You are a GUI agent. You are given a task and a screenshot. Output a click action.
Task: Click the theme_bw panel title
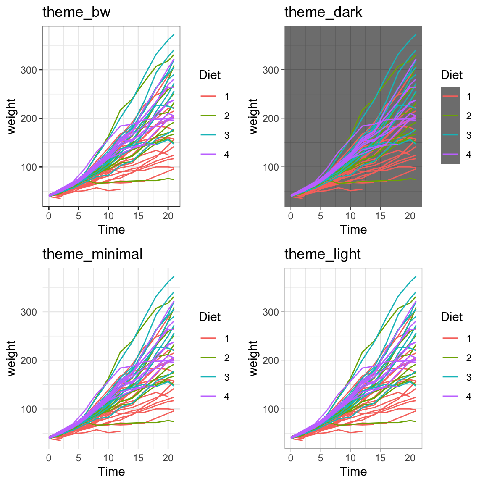click(x=76, y=12)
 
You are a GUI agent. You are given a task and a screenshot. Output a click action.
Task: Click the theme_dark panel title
click(x=323, y=12)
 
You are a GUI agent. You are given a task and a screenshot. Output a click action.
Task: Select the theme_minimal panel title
click(x=92, y=254)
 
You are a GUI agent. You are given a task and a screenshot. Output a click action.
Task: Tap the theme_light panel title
click(x=323, y=254)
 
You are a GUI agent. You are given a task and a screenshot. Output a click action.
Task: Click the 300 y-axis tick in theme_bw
click(x=29, y=70)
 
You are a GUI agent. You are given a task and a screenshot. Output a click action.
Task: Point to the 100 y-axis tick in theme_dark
click(x=271, y=167)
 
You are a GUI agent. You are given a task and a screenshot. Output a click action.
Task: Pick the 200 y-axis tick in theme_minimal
click(x=29, y=360)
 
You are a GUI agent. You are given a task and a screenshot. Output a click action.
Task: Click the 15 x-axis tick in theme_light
click(x=380, y=458)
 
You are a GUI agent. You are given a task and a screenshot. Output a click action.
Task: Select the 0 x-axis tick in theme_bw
click(x=49, y=216)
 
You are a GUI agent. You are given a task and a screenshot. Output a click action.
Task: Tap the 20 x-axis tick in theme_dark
click(x=410, y=216)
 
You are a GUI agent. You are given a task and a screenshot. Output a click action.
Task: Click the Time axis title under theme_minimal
click(x=111, y=471)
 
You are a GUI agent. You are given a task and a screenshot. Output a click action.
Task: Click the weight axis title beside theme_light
click(x=253, y=358)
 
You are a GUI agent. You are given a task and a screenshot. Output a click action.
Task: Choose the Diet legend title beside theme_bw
click(x=210, y=75)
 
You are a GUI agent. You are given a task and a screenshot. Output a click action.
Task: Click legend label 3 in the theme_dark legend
click(x=469, y=135)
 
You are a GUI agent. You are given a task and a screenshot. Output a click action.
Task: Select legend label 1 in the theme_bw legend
click(x=227, y=97)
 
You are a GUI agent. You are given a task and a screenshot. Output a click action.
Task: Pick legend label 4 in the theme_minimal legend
click(x=227, y=397)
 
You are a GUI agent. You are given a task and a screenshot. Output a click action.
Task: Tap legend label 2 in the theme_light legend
click(x=469, y=358)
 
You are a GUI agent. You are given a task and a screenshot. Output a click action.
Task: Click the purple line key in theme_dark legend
click(x=450, y=155)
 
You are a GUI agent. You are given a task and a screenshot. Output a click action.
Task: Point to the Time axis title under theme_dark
click(x=353, y=229)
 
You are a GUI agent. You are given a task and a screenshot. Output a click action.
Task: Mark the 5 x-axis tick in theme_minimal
click(x=79, y=458)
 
